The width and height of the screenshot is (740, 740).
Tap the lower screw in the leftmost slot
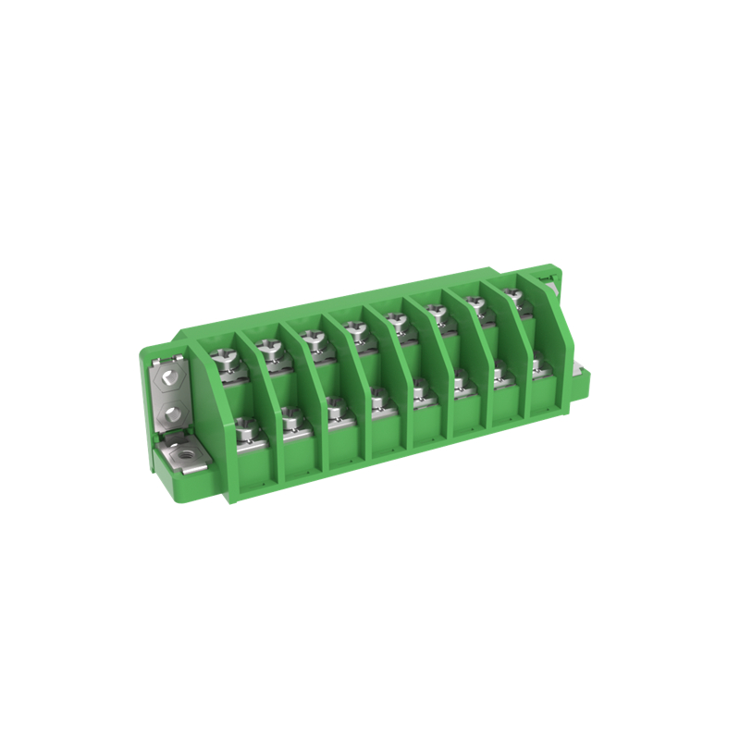pos(246,428)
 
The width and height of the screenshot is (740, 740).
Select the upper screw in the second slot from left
pos(269,349)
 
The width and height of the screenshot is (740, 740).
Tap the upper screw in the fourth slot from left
pos(354,329)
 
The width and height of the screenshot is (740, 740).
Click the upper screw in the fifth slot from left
pos(397,321)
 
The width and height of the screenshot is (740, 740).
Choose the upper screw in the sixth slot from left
pos(437,313)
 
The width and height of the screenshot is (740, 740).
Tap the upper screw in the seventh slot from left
pos(475,304)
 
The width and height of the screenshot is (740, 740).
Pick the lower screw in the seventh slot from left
pos(499,372)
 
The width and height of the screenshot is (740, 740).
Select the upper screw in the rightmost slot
pos(513,297)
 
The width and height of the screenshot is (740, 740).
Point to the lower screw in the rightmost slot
pos(536,364)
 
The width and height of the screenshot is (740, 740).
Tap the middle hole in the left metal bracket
pos(168,411)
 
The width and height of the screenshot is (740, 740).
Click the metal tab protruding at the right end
pos(581,374)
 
